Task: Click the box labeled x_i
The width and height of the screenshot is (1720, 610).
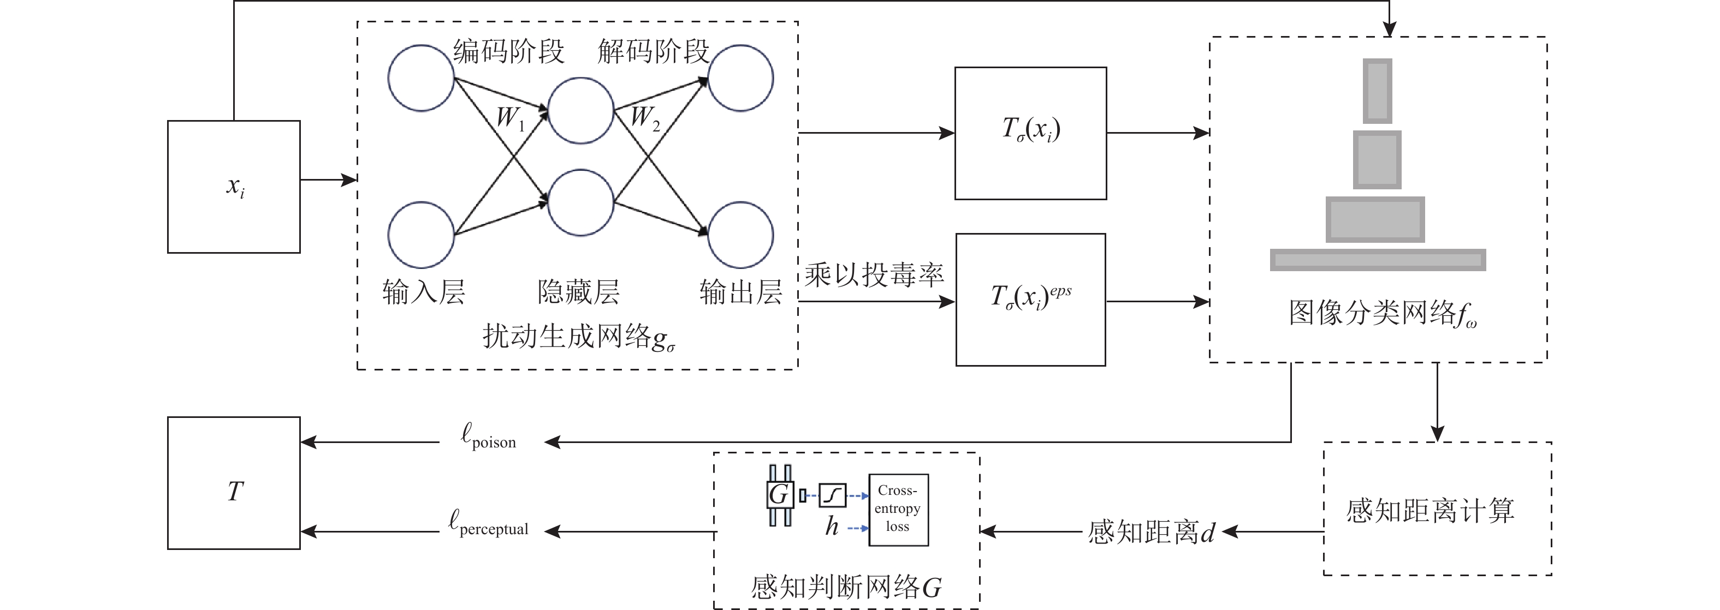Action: pyautogui.click(x=234, y=187)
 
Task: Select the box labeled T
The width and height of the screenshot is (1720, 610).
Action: pyautogui.click(x=234, y=483)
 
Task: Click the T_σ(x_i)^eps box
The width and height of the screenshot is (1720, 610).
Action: pyautogui.click(x=1030, y=300)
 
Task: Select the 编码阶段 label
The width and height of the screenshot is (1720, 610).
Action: pyautogui.click(x=509, y=51)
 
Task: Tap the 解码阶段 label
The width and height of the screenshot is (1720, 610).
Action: pyautogui.click(x=653, y=51)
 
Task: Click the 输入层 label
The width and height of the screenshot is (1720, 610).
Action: pyautogui.click(x=423, y=292)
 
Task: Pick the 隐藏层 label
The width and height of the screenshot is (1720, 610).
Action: pyautogui.click(x=578, y=292)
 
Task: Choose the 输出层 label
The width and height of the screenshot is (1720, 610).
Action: pyautogui.click(x=740, y=292)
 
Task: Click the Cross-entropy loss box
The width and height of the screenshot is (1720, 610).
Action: pyautogui.click(x=898, y=509)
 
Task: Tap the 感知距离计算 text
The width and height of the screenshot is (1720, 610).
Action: pyautogui.click(x=1430, y=511)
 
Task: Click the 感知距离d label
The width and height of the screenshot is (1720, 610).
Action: pyautogui.click(x=1150, y=533)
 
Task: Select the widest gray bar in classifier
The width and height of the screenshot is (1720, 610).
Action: pyautogui.click(x=1378, y=260)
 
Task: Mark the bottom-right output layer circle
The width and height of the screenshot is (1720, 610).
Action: pyautogui.click(x=740, y=235)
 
